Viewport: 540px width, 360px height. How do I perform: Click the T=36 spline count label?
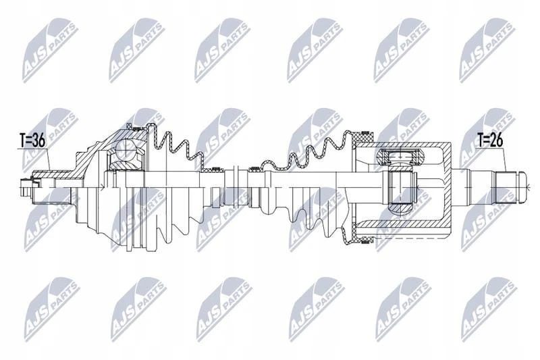pos(32,140)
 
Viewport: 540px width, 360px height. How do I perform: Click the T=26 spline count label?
pos(491,140)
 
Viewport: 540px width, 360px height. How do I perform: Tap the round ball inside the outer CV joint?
pos(126,149)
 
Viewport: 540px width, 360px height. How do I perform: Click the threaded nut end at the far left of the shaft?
pos(26,187)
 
